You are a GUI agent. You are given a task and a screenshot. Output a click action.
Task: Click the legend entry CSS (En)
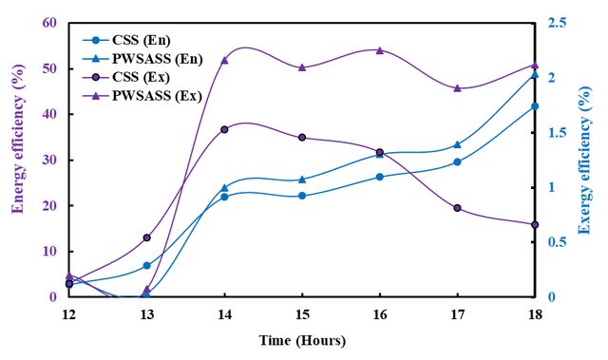(x=126, y=40)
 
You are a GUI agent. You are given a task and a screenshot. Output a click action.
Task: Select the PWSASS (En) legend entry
(x=142, y=59)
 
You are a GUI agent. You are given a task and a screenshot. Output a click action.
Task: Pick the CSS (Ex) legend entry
(x=126, y=77)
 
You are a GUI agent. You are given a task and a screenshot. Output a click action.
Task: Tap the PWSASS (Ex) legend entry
(x=142, y=96)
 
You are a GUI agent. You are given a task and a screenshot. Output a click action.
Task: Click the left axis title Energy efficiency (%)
(x=18, y=139)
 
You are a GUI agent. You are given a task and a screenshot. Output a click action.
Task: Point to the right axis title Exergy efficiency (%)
(x=585, y=161)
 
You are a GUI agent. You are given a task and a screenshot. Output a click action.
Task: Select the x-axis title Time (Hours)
(x=302, y=341)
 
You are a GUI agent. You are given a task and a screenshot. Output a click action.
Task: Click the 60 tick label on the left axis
(x=49, y=23)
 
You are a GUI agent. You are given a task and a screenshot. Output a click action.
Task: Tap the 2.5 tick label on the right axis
(x=557, y=23)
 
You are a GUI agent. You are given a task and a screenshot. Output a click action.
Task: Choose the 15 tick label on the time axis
(x=302, y=314)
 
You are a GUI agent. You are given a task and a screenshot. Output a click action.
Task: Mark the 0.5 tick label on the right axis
(x=557, y=242)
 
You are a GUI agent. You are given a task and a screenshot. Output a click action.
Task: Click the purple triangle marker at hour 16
(x=380, y=50)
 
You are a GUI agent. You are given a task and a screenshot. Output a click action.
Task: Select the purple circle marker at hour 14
(x=224, y=129)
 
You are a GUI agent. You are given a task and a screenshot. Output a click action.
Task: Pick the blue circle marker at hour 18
(x=535, y=106)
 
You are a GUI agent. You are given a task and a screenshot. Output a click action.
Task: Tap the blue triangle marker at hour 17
(x=458, y=144)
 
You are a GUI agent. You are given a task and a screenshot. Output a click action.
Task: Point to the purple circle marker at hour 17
(x=458, y=208)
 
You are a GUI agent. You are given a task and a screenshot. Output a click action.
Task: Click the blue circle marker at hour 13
(x=147, y=265)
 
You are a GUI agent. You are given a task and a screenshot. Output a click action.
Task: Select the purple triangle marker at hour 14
(x=224, y=61)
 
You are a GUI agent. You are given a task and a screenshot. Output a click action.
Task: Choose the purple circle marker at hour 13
(x=147, y=237)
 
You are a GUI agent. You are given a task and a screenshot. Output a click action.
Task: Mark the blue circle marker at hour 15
(x=302, y=196)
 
